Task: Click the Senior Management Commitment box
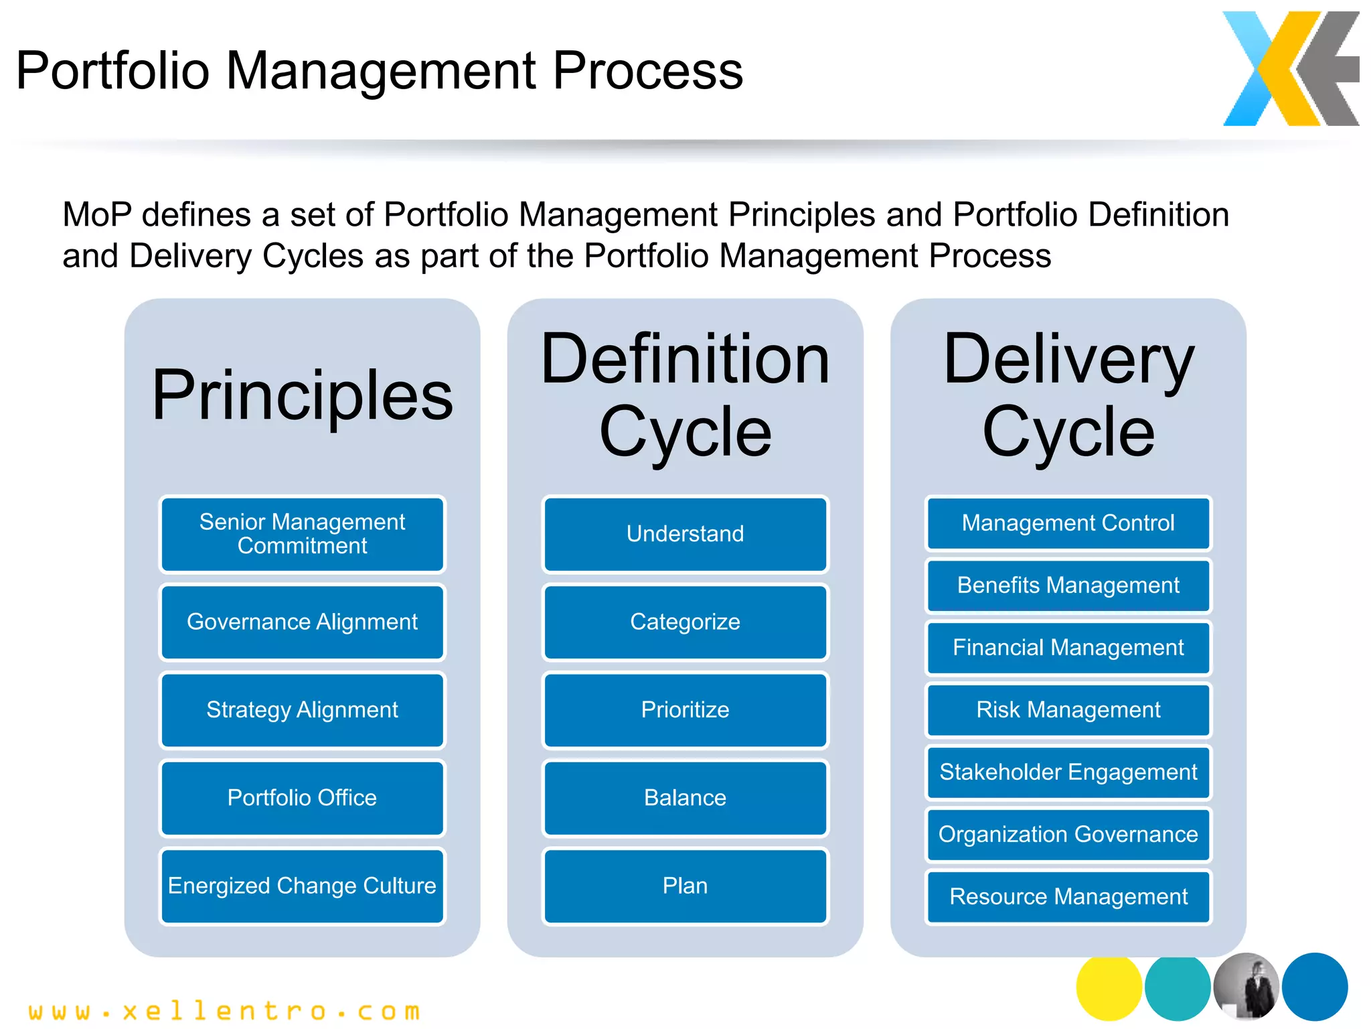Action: coord(302,534)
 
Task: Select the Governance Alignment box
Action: coord(302,622)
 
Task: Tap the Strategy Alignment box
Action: coord(302,709)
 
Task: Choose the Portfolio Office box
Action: coord(302,797)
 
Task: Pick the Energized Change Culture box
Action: coord(302,886)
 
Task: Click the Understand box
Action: coord(685,534)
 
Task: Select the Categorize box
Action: coord(685,622)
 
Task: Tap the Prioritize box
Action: coord(685,709)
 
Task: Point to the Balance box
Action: coord(685,797)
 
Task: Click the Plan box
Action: coord(685,886)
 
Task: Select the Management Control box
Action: coord(1068,523)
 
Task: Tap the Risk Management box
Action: coord(1068,709)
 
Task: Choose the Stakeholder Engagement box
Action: coord(1068,772)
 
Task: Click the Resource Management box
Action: coord(1068,896)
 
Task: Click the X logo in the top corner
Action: coord(1290,68)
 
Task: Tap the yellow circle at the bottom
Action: coord(1108,987)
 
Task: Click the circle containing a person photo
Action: coord(1246,987)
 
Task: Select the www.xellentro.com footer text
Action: coord(224,1011)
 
